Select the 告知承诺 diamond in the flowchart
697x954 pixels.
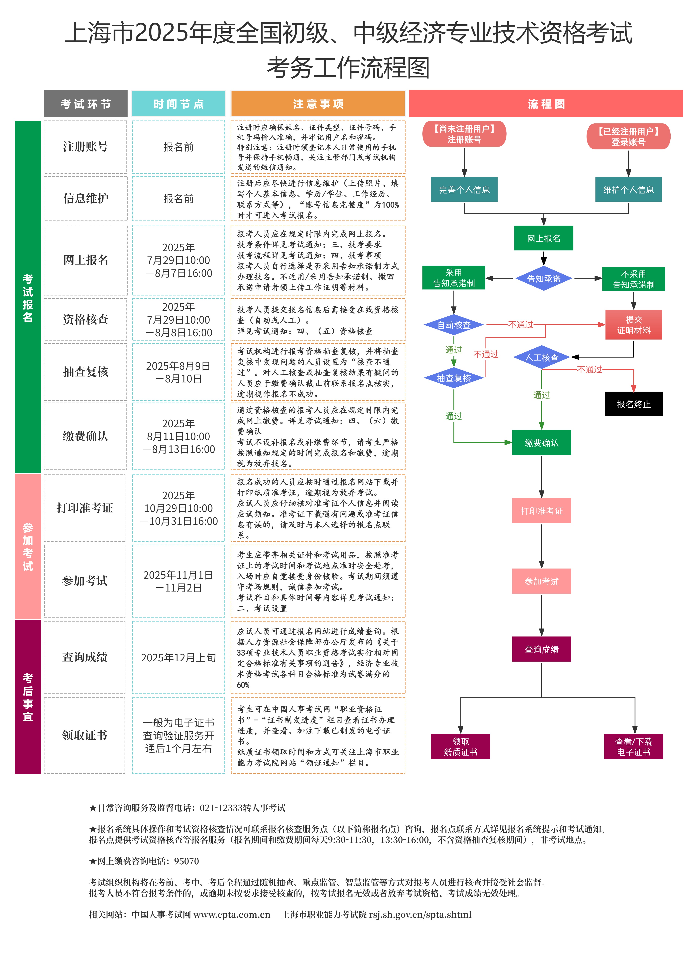(x=543, y=279)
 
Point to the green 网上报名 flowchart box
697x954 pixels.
(x=543, y=238)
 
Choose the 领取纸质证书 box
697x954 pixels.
(x=460, y=746)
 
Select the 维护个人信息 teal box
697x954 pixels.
(x=628, y=190)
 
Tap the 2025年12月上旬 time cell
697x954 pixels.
(x=178, y=657)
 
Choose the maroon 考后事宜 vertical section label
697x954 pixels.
(x=28, y=697)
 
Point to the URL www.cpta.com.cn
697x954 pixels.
(x=232, y=914)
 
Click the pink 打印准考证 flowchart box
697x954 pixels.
(x=541, y=511)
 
